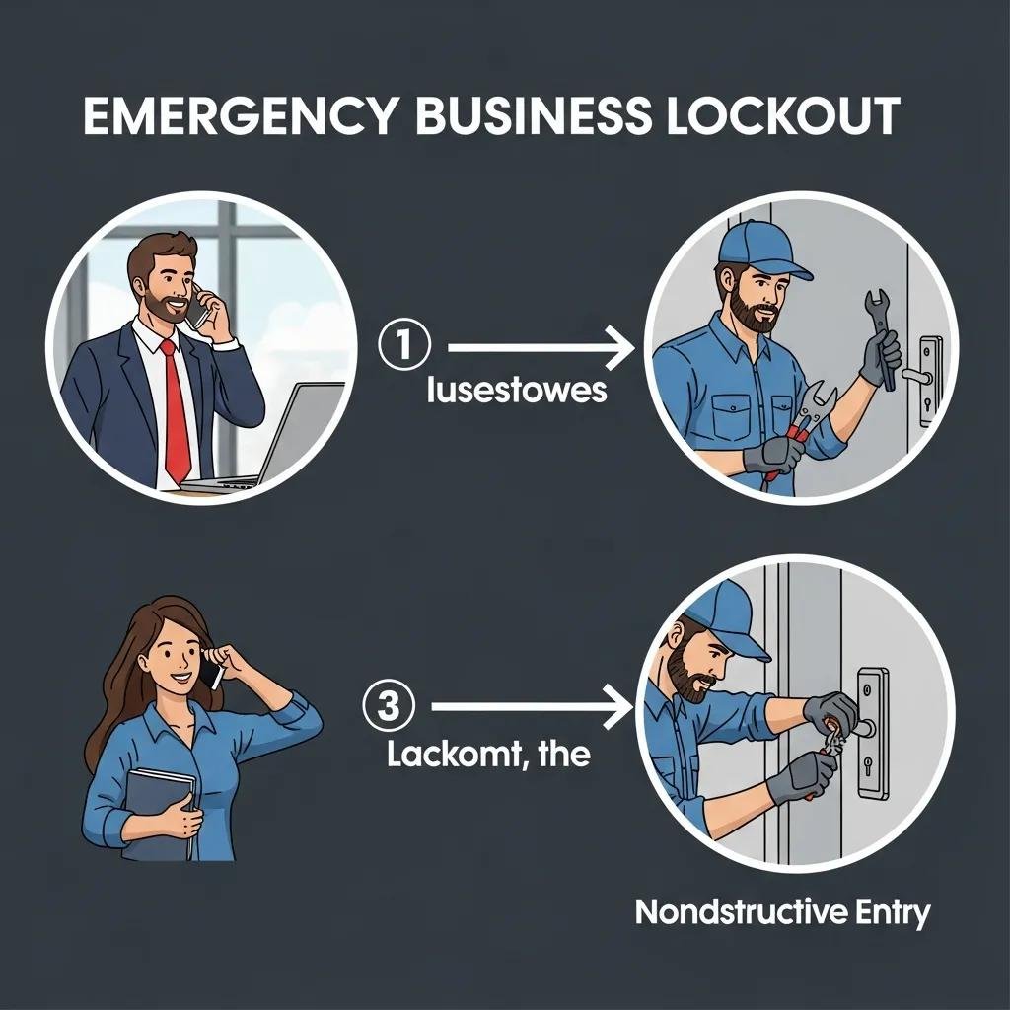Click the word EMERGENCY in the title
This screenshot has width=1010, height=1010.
click(x=237, y=116)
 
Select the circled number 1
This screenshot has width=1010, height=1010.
click(x=404, y=347)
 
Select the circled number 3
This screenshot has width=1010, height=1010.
click(x=390, y=706)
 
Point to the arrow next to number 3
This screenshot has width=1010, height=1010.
click(x=533, y=706)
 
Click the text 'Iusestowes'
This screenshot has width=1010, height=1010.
click(x=517, y=391)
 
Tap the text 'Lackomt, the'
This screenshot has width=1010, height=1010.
click(x=488, y=756)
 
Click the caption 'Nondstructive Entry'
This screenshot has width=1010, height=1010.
click(x=781, y=912)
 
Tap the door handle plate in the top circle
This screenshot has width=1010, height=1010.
click(x=929, y=380)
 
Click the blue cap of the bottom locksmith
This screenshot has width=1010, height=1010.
click(x=725, y=616)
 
